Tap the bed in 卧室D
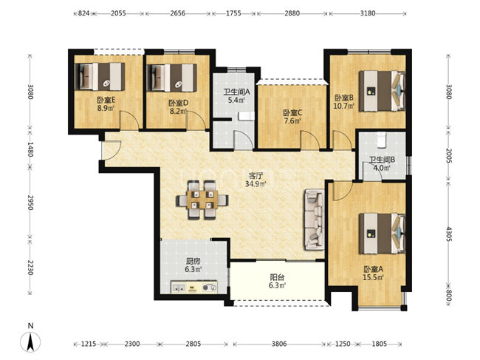pos(173,75)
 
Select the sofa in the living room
pos(314,218)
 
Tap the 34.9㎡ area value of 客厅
pos(257,183)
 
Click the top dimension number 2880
pos(292,13)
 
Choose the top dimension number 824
pos(83,13)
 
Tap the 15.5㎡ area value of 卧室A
pos(370,278)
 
